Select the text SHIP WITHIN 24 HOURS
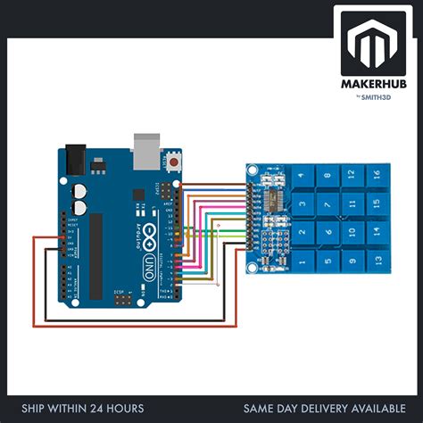[x=81, y=409]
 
